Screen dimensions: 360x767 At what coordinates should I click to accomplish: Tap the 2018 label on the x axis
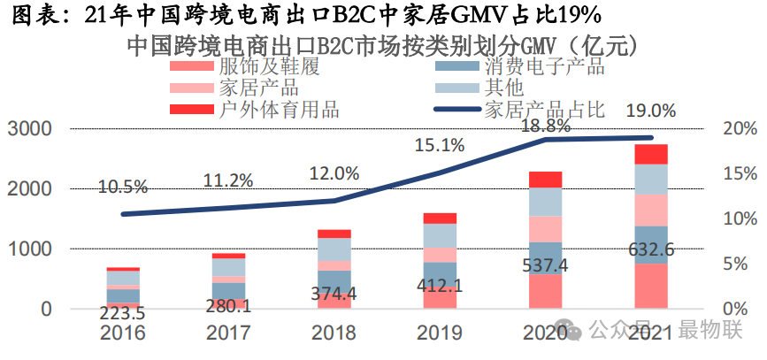tap(334, 333)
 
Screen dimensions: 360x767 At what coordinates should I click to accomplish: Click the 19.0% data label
tap(650, 111)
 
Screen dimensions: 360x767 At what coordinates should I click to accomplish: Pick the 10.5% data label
tap(123, 188)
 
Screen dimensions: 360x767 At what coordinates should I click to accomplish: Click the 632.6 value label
tap(650, 250)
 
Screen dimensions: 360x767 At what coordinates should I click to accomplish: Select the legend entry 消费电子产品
tap(544, 66)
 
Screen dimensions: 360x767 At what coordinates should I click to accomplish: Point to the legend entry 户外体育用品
tap(279, 110)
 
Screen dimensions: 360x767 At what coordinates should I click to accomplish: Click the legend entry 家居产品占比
tap(544, 110)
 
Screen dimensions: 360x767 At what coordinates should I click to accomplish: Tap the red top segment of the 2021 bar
tap(651, 155)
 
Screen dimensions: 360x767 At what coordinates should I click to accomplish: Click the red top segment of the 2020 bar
tap(545, 180)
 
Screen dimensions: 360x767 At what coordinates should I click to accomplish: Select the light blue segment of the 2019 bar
tap(440, 235)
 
